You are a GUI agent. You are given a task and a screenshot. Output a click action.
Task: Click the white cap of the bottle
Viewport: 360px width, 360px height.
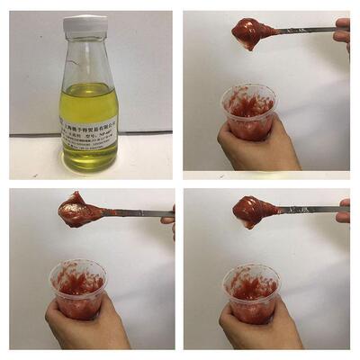(85, 25)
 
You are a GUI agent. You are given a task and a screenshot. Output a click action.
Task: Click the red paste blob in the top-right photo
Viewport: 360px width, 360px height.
(251, 33)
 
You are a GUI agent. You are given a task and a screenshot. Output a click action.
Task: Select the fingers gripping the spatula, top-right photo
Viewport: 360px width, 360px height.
(342, 31)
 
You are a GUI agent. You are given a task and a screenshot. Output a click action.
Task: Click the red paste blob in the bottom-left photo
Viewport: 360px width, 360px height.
(78, 212)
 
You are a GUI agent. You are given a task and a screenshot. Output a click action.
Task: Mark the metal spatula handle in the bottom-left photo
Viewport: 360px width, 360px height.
(135, 214)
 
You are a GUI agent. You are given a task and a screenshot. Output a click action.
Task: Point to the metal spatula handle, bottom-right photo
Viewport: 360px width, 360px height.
(310, 210)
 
